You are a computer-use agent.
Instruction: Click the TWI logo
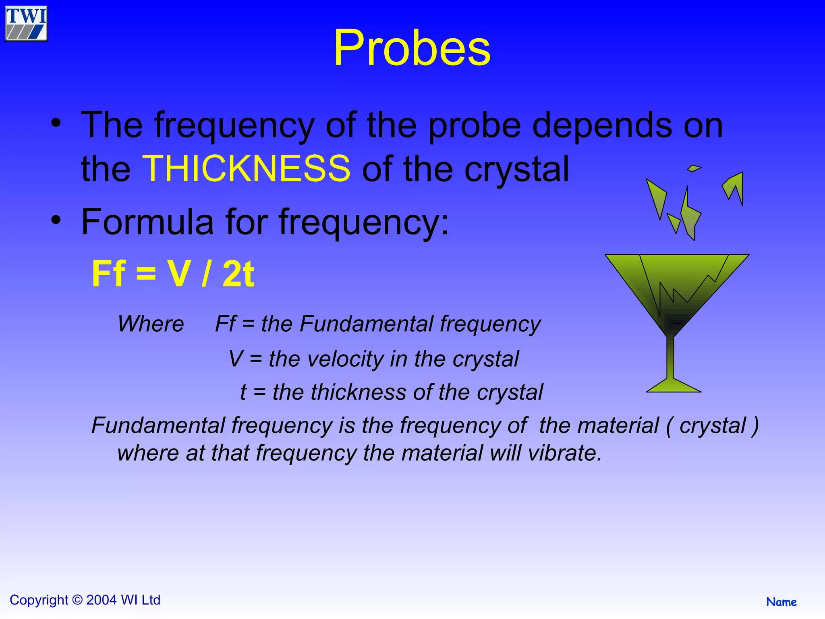click(26, 23)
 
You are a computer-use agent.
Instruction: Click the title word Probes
click(412, 48)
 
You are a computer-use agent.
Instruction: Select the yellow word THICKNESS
click(247, 168)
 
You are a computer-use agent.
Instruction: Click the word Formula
click(147, 222)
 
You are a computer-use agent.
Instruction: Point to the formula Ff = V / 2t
click(173, 274)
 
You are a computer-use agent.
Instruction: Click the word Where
click(151, 324)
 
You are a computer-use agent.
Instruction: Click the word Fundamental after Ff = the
click(366, 324)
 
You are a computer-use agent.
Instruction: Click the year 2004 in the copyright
click(102, 600)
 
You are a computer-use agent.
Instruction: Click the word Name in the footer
click(781, 602)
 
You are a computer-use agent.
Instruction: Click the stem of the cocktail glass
click(670, 357)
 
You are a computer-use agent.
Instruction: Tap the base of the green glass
click(673, 386)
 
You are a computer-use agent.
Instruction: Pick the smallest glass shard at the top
click(694, 168)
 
